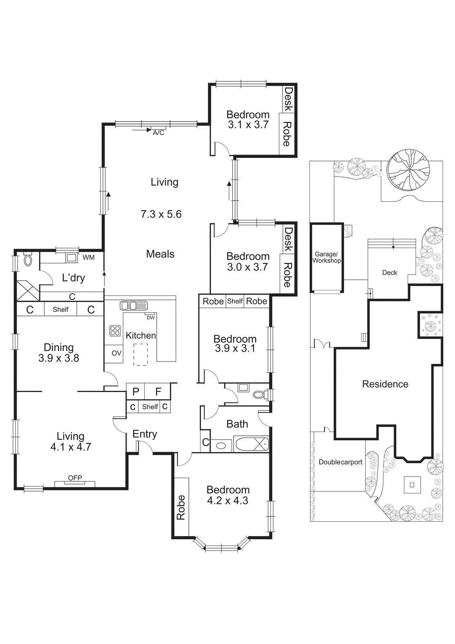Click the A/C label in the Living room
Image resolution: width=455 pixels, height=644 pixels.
click(158, 132)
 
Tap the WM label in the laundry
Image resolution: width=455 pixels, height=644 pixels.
click(88, 258)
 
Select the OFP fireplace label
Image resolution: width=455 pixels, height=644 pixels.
click(75, 478)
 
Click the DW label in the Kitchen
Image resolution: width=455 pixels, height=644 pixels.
click(150, 318)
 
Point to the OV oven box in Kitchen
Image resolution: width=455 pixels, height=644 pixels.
click(116, 353)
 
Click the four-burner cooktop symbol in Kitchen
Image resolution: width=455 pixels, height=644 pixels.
click(115, 331)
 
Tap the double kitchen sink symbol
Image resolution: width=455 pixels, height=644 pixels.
click(134, 305)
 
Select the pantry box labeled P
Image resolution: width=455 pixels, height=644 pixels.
click(136, 392)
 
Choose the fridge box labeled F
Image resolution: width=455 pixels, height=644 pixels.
click(158, 392)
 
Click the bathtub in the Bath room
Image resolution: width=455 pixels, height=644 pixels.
click(251, 444)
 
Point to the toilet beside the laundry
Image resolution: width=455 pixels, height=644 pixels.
click(28, 260)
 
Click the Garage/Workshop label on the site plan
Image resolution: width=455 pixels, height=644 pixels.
click(327, 257)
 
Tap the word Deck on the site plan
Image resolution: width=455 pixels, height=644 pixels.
click(389, 272)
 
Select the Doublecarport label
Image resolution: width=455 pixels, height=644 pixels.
click(340, 462)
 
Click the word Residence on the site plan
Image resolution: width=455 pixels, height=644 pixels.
click(385, 384)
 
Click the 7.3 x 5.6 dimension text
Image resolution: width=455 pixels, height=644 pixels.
click(161, 214)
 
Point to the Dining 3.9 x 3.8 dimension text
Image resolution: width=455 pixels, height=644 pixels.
click(59, 358)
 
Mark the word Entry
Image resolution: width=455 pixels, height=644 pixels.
click(145, 434)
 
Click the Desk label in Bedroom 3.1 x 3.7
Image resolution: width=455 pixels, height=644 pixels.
click(288, 99)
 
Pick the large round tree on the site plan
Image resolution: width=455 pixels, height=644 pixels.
click(408, 169)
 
